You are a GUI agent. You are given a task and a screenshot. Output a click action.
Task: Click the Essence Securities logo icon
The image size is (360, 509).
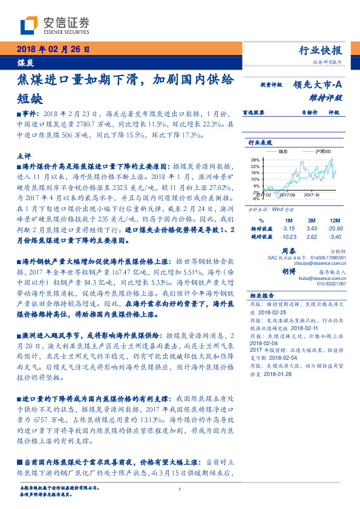click(x=30, y=25)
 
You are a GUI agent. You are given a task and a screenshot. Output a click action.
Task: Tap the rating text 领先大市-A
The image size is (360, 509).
click(x=319, y=85)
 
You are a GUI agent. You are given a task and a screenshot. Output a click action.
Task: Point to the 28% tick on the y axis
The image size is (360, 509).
click(x=255, y=160)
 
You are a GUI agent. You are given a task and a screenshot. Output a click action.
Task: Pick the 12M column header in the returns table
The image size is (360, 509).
click(x=331, y=220)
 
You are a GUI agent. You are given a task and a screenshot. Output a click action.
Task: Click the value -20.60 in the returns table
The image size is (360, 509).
click(x=332, y=229)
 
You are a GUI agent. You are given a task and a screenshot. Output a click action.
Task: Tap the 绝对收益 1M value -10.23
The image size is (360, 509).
click(x=288, y=237)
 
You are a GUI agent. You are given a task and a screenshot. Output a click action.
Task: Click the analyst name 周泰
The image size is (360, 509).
click(x=289, y=250)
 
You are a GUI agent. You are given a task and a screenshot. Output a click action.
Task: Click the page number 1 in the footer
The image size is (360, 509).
click(x=180, y=490)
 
